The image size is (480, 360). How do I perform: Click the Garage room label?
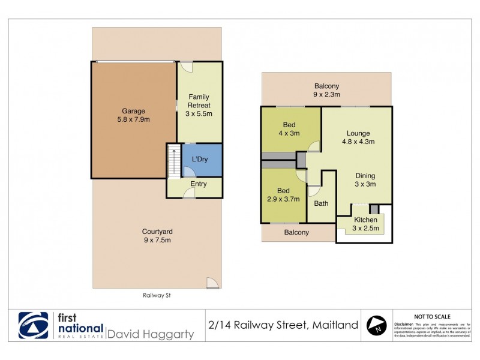tap(134, 115)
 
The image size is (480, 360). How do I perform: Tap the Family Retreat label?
tap(199, 105)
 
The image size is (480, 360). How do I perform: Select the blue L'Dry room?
tap(202, 160)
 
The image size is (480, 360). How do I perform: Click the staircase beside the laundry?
tap(173, 161)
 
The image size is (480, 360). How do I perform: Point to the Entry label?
tap(199, 184)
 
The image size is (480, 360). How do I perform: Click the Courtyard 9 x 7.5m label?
tap(157, 236)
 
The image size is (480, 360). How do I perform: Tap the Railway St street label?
tap(157, 295)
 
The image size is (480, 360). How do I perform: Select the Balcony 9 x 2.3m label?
tap(326, 90)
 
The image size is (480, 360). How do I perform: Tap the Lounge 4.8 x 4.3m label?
tap(358, 137)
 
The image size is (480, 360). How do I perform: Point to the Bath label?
tap(321, 203)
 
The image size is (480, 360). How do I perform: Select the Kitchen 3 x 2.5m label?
tap(365, 224)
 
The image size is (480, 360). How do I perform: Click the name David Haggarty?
tap(150, 334)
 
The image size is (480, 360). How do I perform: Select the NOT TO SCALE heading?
tap(433, 316)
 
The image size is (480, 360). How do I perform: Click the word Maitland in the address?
tap(335, 325)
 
